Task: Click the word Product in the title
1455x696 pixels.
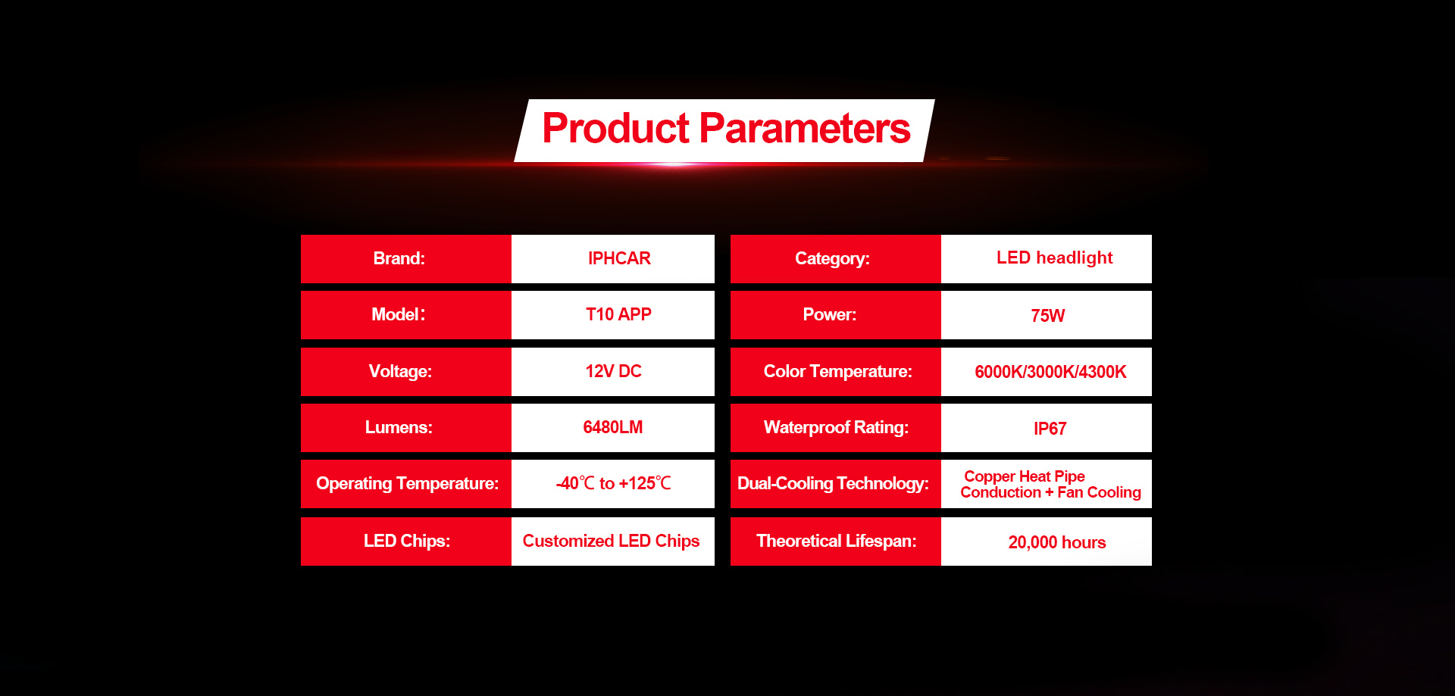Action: point(615,128)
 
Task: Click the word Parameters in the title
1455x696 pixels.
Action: point(804,128)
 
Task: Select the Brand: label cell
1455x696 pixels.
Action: point(406,258)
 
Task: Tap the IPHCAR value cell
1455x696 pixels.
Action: point(613,258)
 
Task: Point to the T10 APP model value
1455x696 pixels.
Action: point(618,314)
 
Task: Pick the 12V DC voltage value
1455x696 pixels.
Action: point(613,371)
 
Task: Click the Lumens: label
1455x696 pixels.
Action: point(399,427)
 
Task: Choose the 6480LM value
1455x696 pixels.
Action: point(613,427)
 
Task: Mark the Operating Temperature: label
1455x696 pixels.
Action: point(407,483)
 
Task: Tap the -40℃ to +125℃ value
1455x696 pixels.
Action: point(613,483)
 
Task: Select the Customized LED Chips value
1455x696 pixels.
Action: point(611,541)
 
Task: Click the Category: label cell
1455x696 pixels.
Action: point(836,258)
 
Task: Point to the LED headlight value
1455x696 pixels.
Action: point(1054,257)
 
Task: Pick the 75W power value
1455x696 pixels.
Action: point(1047,316)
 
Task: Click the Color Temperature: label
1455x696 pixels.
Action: point(837,371)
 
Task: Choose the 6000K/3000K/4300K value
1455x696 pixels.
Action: point(1050,372)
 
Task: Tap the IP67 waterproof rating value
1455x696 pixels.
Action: point(1050,429)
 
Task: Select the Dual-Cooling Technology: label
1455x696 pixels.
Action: point(833,483)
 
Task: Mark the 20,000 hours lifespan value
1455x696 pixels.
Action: point(1056,542)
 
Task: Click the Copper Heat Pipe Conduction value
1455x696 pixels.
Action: point(1050,485)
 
